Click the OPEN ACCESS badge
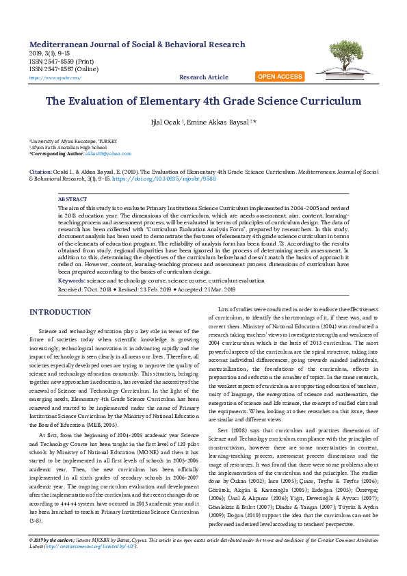[280, 77]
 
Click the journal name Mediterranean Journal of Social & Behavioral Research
[137, 44]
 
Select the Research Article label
[203, 77]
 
